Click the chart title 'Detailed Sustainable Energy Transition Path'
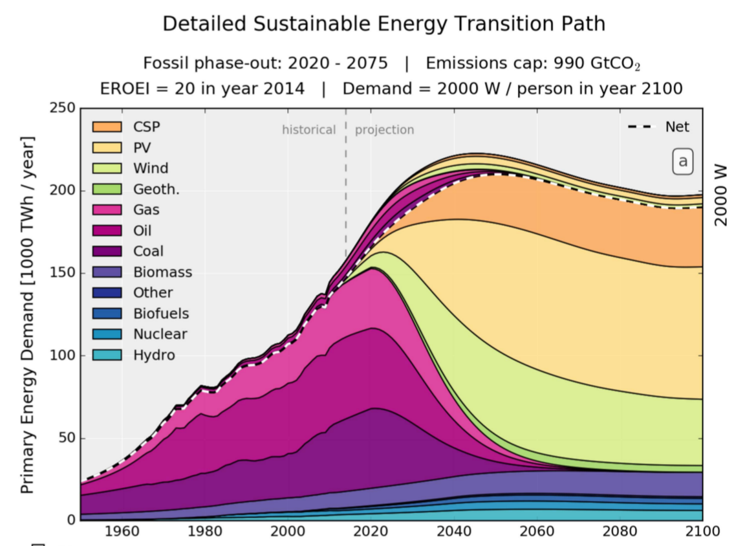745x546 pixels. [x=383, y=24]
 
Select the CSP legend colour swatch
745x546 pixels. [x=107, y=127]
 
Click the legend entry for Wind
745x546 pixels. [x=151, y=168]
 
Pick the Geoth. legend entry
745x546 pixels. [x=156, y=189]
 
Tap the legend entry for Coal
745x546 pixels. [x=148, y=251]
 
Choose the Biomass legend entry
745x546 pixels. [x=162, y=272]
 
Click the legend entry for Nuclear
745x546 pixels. [x=160, y=334]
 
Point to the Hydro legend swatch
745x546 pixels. [x=107, y=355]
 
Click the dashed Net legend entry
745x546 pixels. [x=658, y=127]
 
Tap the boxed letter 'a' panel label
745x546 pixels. [x=682, y=162]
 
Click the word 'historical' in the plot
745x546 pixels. [x=308, y=130]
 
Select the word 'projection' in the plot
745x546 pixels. [x=384, y=130]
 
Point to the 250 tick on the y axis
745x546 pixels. [x=62, y=108]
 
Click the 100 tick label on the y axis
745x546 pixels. [x=62, y=355]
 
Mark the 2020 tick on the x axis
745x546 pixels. [x=371, y=532]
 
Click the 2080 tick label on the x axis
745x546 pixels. [x=619, y=532]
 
